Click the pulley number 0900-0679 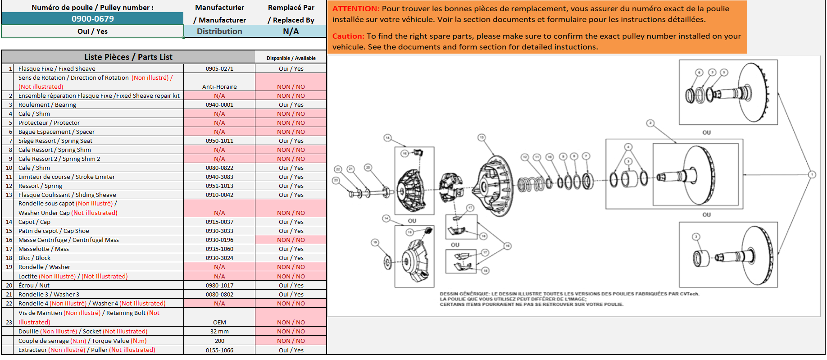(92, 19)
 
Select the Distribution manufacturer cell (219, 32)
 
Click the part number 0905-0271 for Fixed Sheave (219, 69)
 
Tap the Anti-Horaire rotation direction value (219, 87)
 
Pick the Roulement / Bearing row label (47, 105)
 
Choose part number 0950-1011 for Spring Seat (219, 141)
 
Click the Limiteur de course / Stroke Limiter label (67, 177)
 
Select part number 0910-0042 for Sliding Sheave (219, 195)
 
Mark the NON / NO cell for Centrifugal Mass (291, 240)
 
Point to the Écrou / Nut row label (34, 286)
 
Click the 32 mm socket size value (219, 332)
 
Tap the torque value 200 (219, 341)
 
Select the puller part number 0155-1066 (219, 351)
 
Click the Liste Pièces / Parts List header (128, 57)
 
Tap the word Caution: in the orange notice (348, 36)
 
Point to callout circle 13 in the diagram (482, 137)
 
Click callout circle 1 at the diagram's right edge (812, 174)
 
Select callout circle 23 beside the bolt (336, 180)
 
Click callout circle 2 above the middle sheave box (650, 123)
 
